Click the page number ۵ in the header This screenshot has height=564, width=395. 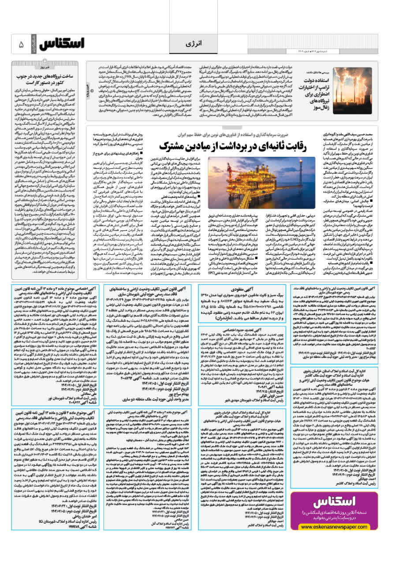coord(21,45)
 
